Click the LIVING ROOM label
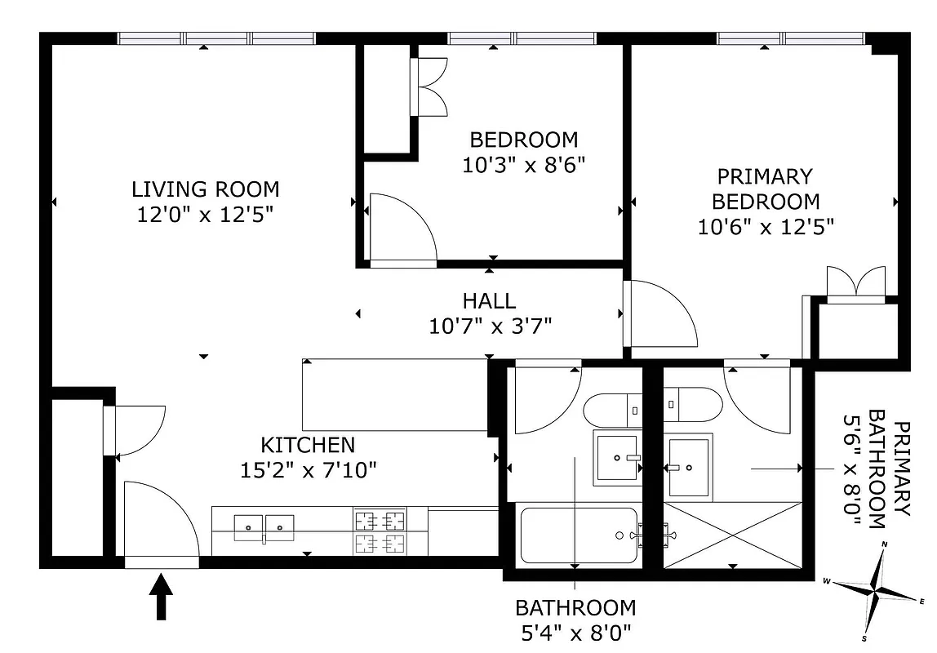coord(205,189)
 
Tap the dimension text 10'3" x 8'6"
coord(524,166)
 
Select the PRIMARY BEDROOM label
coord(765,189)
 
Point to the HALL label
coord(489,301)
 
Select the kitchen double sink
coord(265,527)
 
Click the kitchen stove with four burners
coord(380,531)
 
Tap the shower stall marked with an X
coord(733,535)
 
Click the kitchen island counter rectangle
coord(395,395)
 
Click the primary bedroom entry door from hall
coord(659,314)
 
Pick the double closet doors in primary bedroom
coord(855,283)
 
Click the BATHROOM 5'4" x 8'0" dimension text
coord(575,620)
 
